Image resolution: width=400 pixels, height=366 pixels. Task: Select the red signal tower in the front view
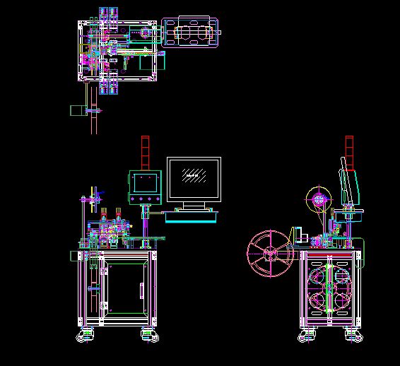[x=145, y=152]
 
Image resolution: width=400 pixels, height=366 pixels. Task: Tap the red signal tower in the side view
[x=349, y=152]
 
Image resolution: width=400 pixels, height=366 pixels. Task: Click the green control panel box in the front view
[x=145, y=182]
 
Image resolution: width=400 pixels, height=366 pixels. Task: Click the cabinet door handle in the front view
[x=142, y=290]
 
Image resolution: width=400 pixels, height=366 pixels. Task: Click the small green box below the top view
[x=77, y=110]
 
